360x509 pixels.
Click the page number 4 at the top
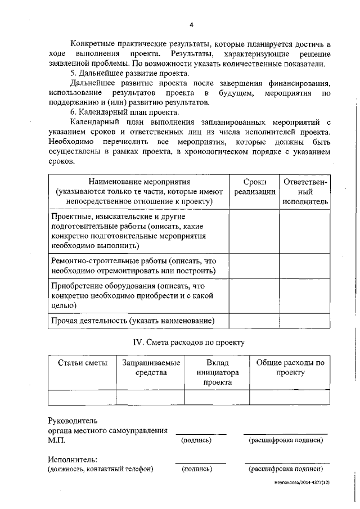(x=191, y=25)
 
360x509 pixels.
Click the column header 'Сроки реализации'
(x=254, y=187)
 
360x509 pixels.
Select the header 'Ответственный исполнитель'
(x=305, y=191)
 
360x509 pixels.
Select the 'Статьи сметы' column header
(x=82, y=363)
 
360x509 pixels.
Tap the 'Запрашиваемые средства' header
(x=151, y=367)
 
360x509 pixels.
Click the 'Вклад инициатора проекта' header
(x=218, y=372)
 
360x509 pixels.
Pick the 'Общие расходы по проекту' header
(x=290, y=367)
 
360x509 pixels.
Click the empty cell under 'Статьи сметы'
(x=82, y=397)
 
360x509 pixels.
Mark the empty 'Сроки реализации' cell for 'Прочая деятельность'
(x=254, y=321)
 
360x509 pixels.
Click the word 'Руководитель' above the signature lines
(x=73, y=420)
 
